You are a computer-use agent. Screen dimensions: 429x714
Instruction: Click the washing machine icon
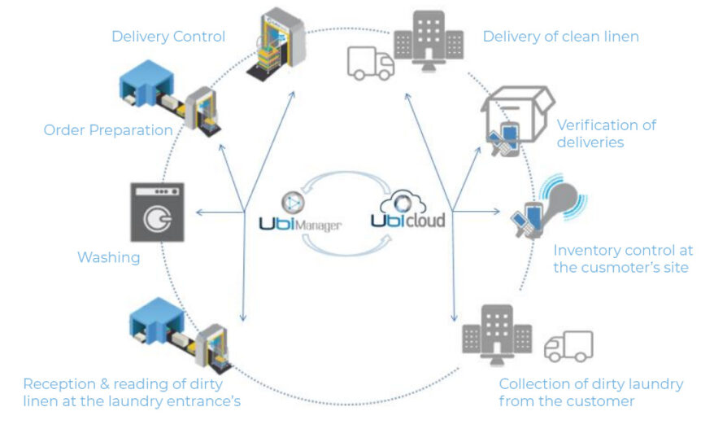pos(156,211)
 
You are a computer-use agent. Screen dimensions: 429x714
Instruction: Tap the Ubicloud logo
pos(408,210)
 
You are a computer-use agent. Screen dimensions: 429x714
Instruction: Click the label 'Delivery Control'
pos(168,37)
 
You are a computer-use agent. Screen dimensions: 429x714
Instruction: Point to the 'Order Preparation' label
pos(108,130)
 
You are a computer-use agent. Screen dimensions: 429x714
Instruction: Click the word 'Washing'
pos(108,257)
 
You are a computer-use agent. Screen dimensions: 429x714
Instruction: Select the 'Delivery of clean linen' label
pos(561,37)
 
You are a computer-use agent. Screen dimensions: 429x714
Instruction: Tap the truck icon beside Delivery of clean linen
pos(370,63)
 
